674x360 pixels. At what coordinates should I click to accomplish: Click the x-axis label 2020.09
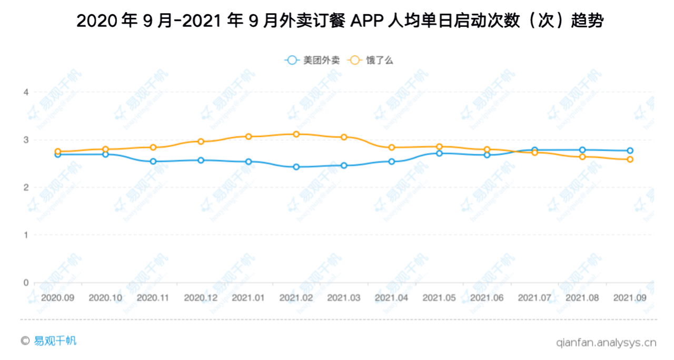[x=57, y=297]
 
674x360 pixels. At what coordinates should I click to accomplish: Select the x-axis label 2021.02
[x=296, y=297]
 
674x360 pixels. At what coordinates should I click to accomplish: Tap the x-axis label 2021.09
[x=630, y=297]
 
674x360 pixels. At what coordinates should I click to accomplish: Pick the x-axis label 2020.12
[x=201, y=297]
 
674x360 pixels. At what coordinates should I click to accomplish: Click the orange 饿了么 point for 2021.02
[x=296, y=134]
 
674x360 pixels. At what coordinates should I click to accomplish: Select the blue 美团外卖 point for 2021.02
[x=296, y=167]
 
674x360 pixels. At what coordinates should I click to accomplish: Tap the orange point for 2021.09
[x=630, y=159]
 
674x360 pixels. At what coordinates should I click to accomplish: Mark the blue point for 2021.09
[x=630, y=151]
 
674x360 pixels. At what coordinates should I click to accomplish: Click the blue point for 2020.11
[x=153, y=162]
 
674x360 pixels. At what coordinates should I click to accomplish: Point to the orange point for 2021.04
[x=391, y=147]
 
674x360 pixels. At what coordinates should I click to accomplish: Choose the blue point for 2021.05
[x=439, y=153]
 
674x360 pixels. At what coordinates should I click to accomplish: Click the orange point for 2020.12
[x=201, y=141]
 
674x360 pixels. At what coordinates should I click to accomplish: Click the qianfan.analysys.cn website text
[x=606, y=342]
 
